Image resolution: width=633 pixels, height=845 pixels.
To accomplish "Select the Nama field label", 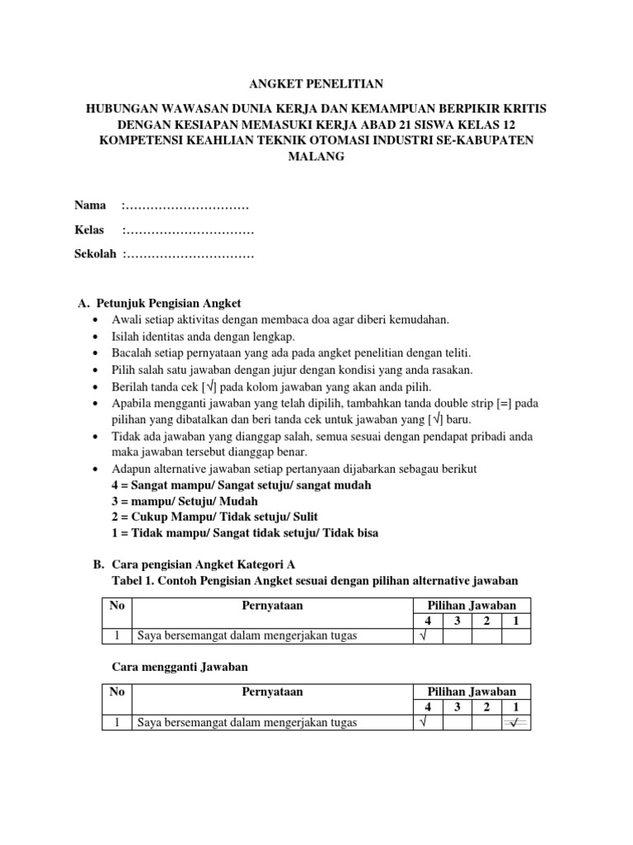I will [91, 205].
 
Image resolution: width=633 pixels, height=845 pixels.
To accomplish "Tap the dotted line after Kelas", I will [189, 229].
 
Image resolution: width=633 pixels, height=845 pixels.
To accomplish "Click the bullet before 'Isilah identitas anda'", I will [97, 337].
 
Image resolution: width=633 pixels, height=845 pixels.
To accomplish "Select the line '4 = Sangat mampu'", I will [241, 484].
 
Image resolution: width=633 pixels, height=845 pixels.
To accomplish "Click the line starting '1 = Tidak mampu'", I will [245, 532].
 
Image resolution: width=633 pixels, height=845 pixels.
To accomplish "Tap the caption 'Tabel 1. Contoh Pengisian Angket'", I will [314, 581].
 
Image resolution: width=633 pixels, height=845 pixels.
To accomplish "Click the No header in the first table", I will [117, 606].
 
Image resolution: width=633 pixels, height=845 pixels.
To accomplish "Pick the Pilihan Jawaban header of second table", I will [471, 692].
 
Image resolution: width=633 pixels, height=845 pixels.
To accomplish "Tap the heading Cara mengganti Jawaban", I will [179, 665].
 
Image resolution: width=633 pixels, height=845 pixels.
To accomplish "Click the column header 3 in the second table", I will [457, 707].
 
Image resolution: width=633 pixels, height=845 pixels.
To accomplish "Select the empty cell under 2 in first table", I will [486, 635].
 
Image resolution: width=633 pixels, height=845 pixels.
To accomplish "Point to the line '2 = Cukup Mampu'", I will [237, 517].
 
